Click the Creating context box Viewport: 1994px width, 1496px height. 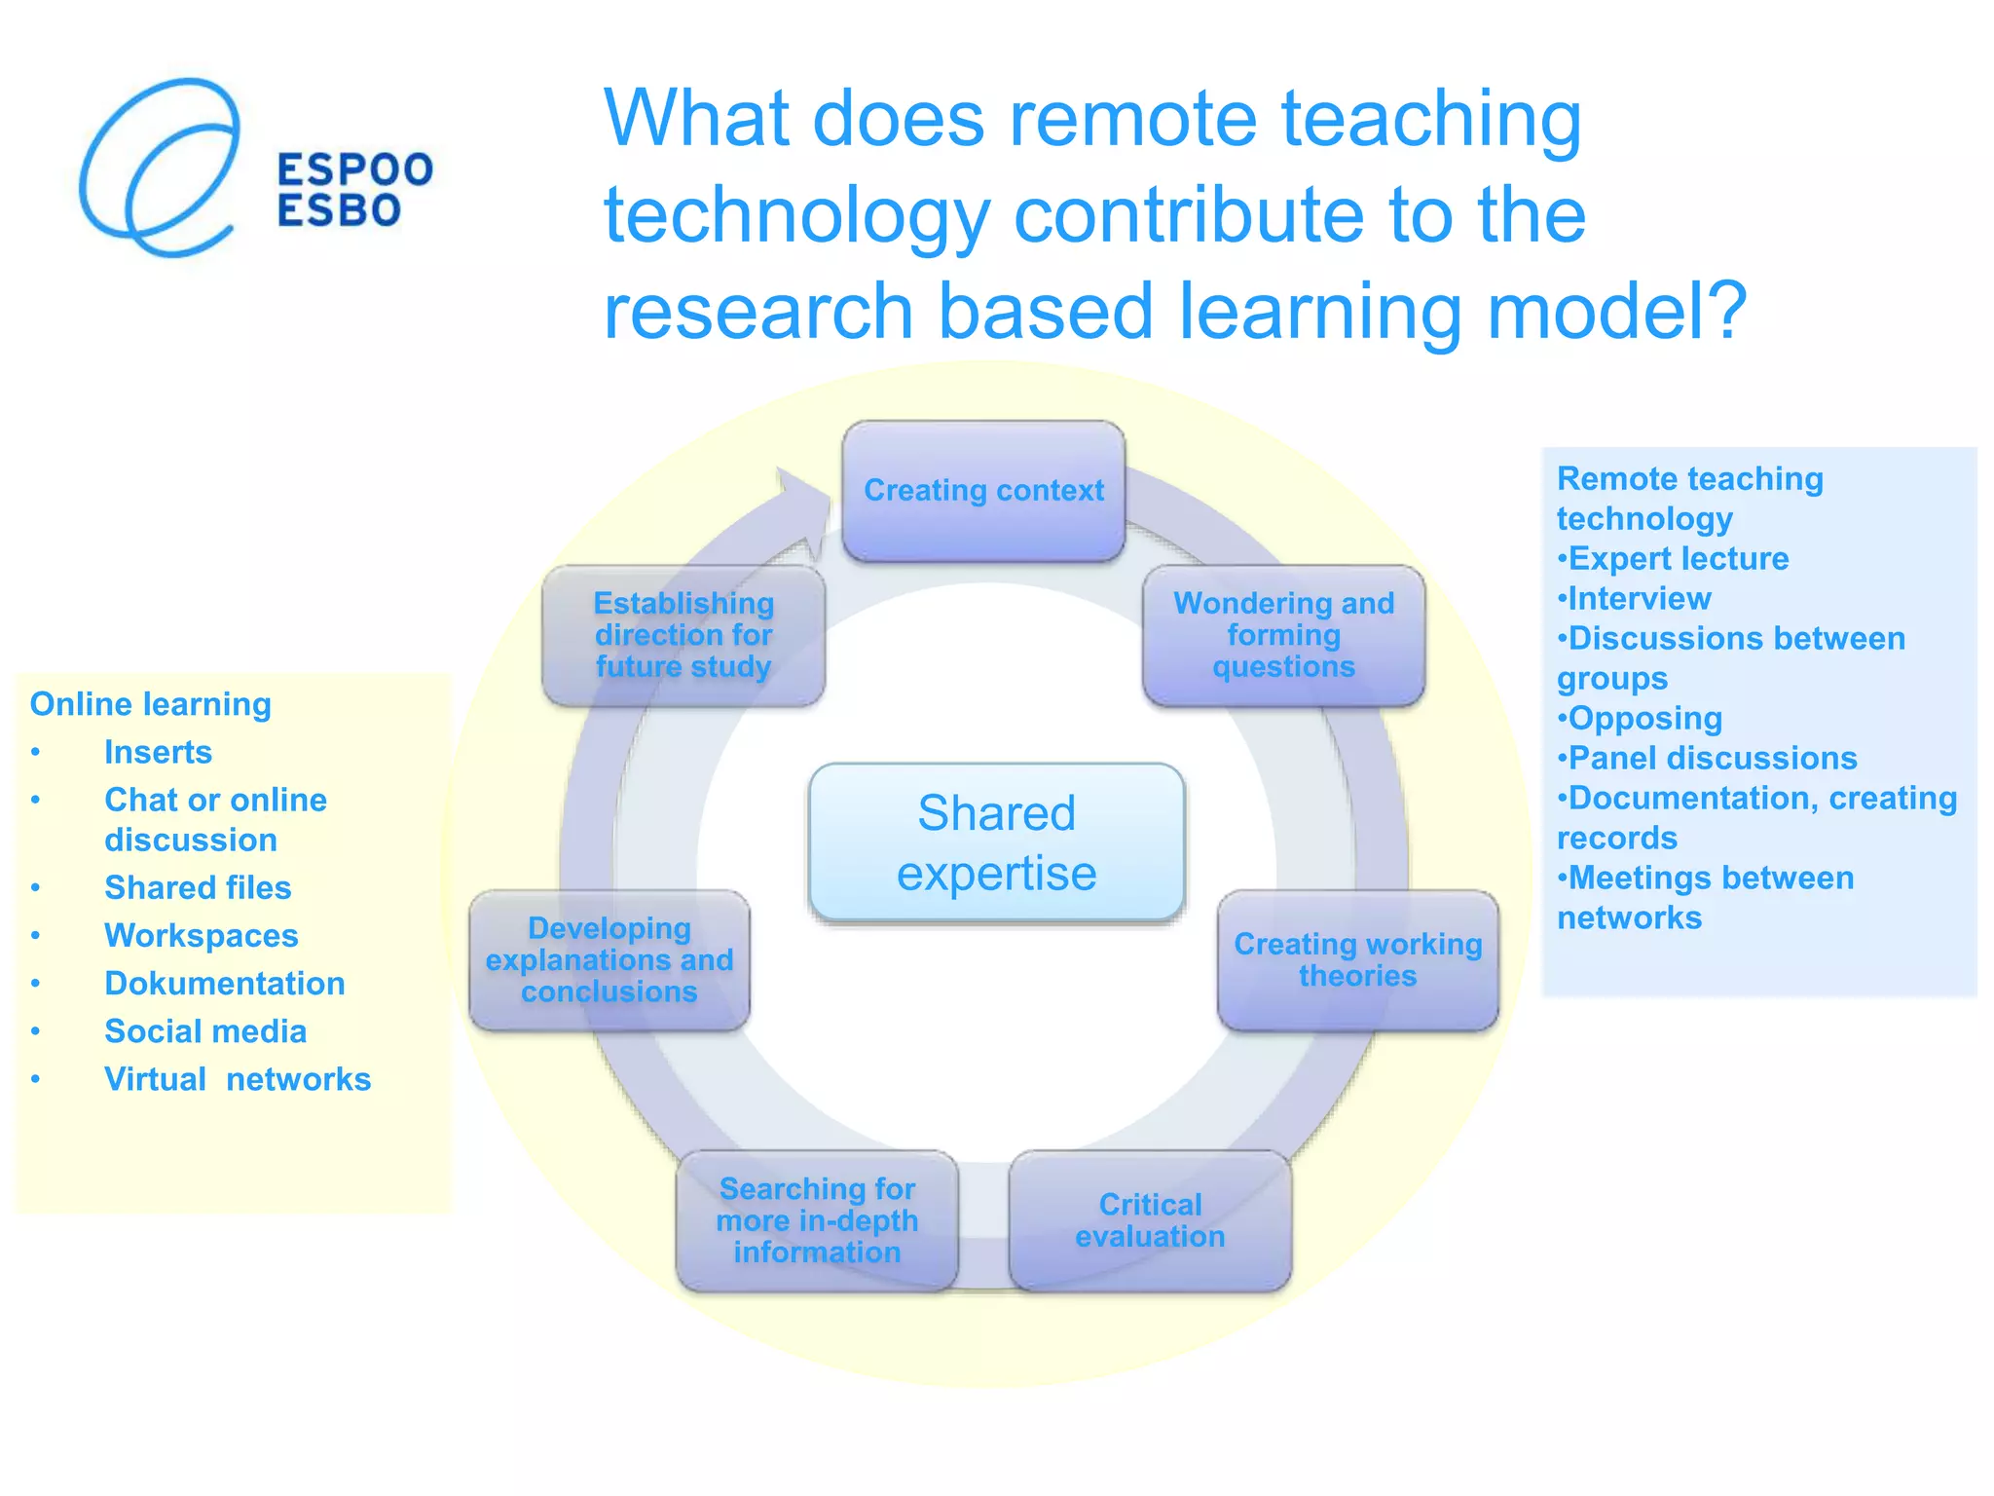[x=983, y=491]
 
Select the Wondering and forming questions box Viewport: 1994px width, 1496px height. [x=1283, y=635]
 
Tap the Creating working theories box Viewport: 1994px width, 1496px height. [x=1357, y=960]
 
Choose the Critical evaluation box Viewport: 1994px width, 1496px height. [x=1150, y=1220]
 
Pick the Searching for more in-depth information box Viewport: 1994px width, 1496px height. [x=817, y=1220]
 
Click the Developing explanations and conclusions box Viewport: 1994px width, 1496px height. [x=609, y=960]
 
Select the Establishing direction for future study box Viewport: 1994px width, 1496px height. [x=683, y=635]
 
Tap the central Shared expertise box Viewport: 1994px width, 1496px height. [x=996, y=842]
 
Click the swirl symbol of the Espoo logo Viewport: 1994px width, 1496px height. [x=161, y=168]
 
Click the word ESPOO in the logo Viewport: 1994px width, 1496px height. [x=354, y=169]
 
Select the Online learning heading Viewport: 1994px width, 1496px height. [x=151, y=704]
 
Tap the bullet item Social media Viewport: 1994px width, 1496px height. [x=205, y=1031]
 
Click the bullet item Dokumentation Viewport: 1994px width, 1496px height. [x=225, y=984]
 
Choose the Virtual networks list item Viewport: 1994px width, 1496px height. [x=238, y=1079]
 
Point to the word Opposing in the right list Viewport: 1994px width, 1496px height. [x=1644, y=719]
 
